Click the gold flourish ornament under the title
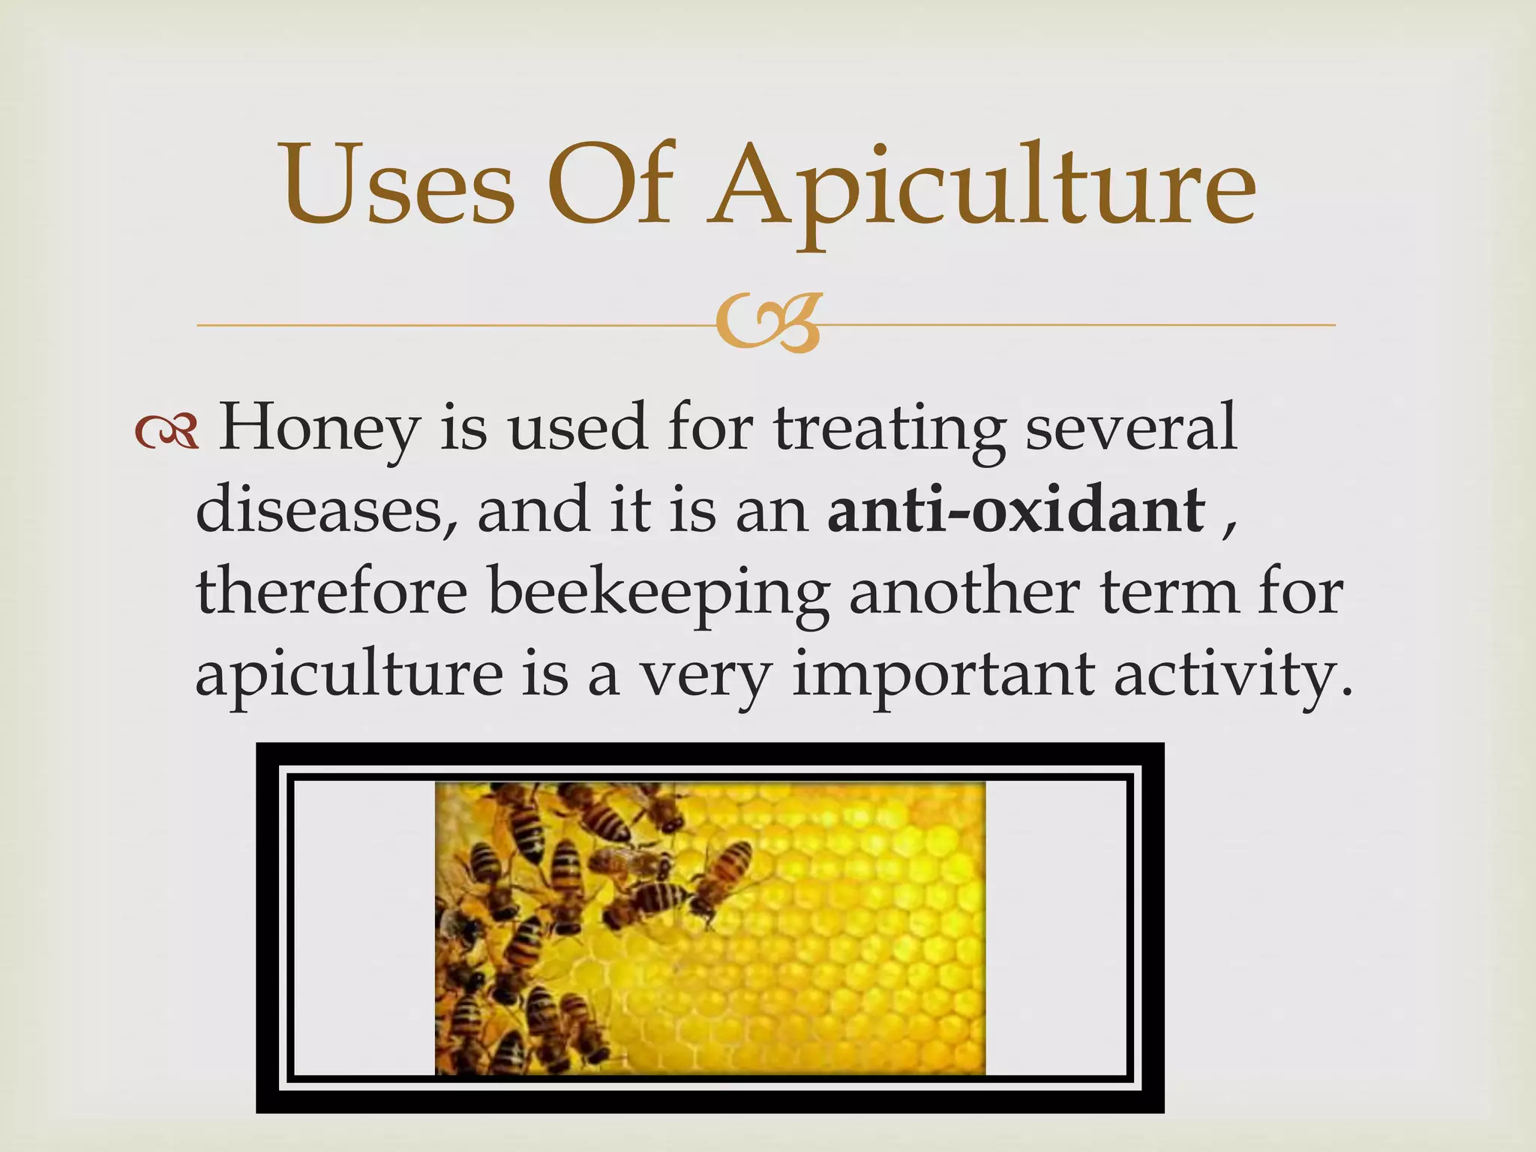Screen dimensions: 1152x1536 (x=767, y=325)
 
